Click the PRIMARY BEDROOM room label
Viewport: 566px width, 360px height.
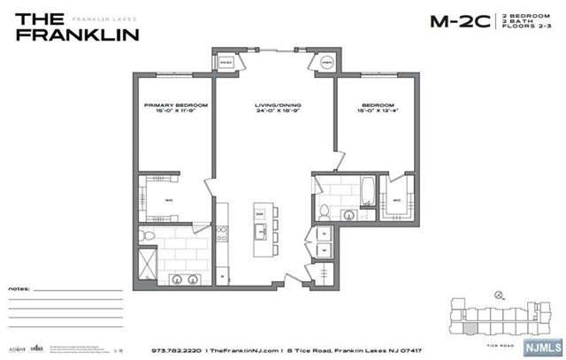click(x=175, y=105)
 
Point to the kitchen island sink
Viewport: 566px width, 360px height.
click(x=261, y=233)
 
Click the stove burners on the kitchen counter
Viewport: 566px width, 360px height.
click(x=222, y=233)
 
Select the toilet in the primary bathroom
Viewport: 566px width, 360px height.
click(x=149, y=238)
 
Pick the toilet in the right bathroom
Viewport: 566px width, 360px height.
click(x=325, y=211)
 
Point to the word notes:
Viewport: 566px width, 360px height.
click(x=19, y=289)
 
